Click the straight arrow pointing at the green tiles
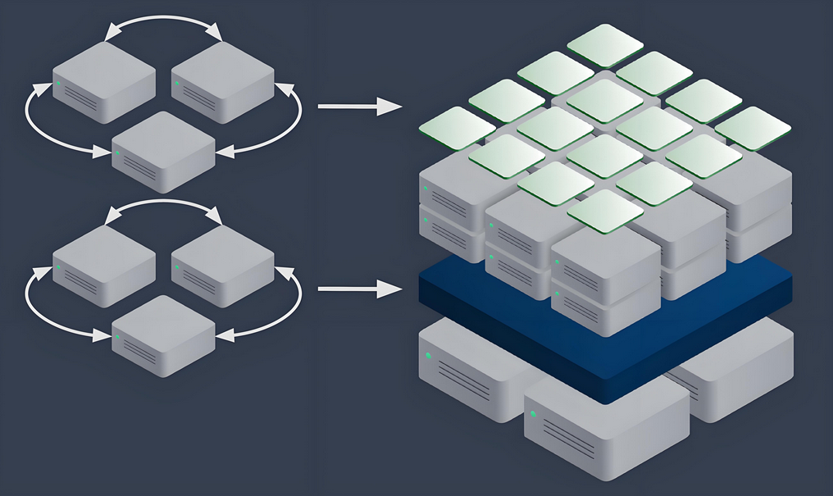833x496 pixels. [x=358, y=106]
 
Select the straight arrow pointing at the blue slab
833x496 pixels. [x=358, y=289]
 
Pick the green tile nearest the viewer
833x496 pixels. [x=604, y=211]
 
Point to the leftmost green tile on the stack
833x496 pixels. [x=457, y=128]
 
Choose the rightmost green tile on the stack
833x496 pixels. [x=752, y=128]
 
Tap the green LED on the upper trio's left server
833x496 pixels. [x=58, y=83]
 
